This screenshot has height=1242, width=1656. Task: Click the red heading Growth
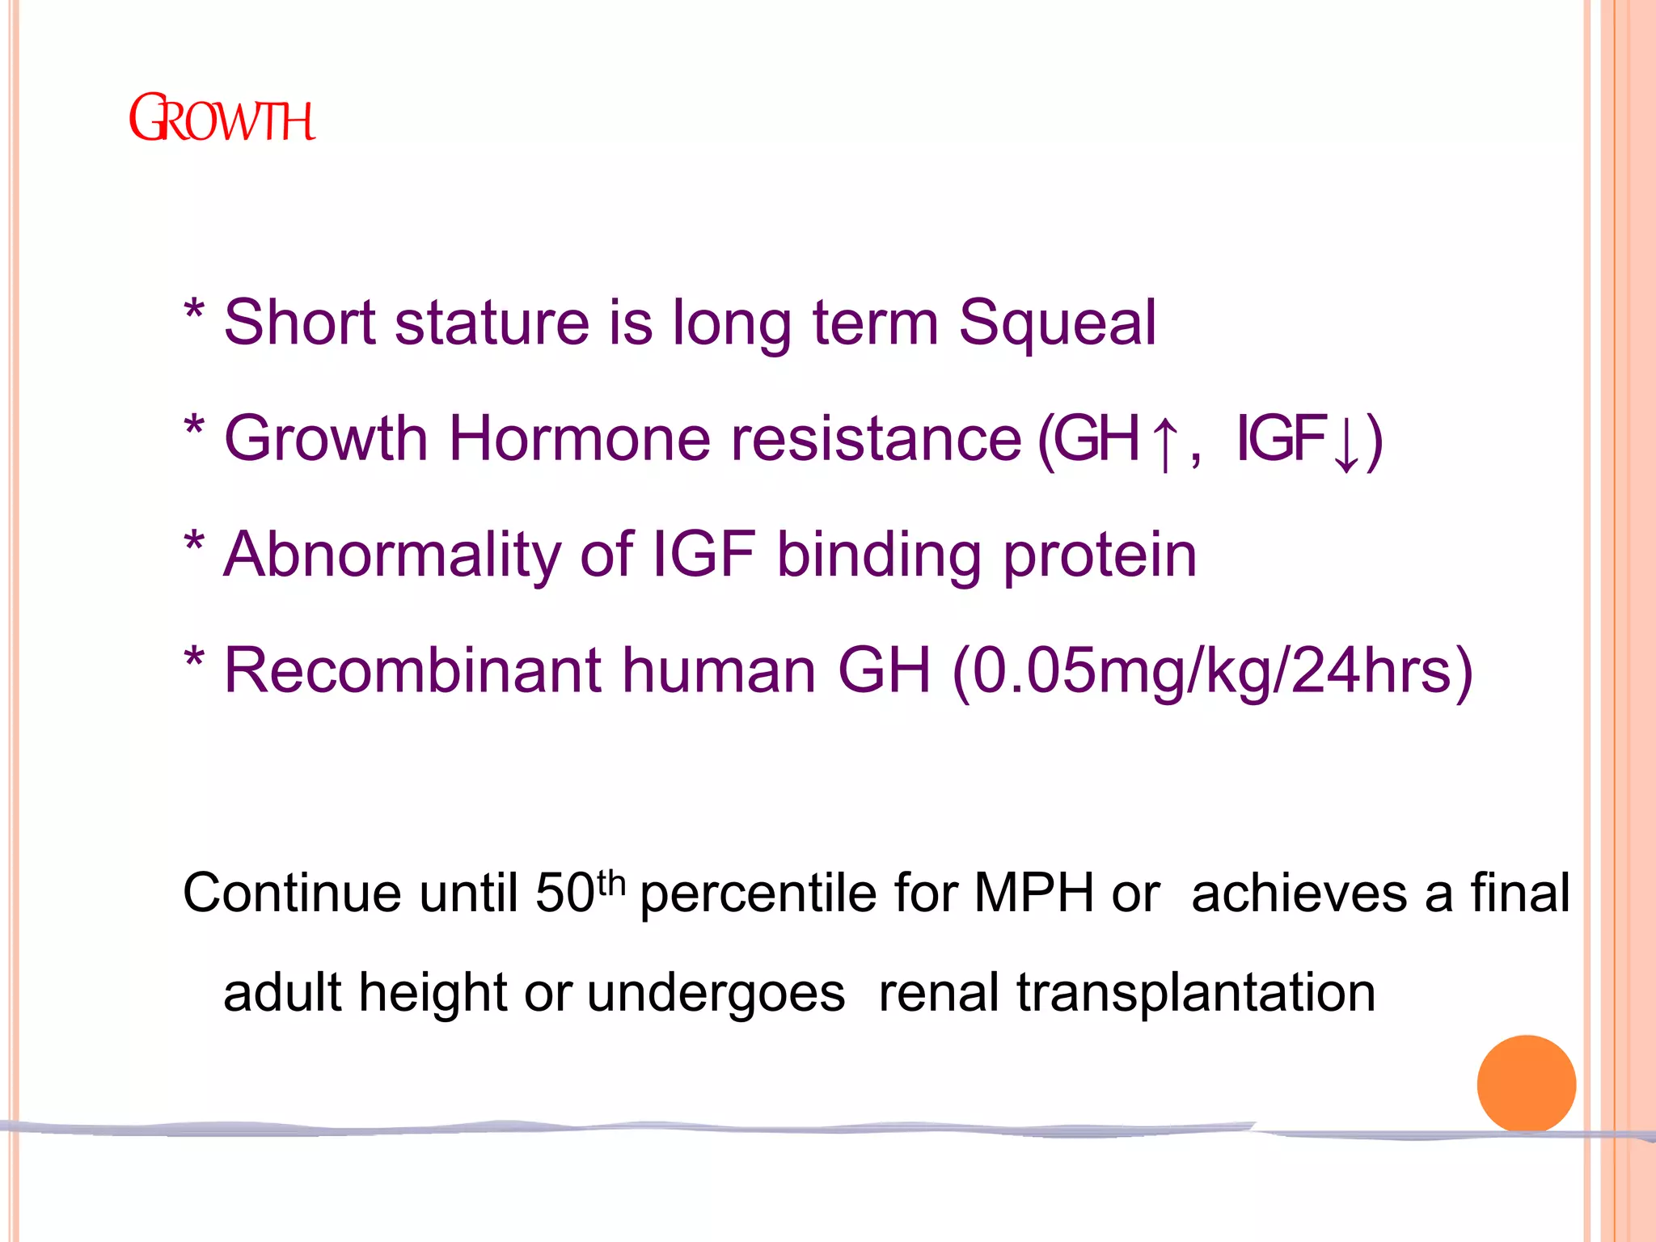coord(222,119)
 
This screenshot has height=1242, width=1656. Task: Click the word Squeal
coord(1058,323)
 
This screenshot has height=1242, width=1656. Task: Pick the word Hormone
coord(580,439)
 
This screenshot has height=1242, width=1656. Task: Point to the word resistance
coord(877,439)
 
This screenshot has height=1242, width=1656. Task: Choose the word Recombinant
coord(413,671)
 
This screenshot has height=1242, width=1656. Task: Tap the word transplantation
coord(1196,993)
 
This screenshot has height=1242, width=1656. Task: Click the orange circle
coord(1526,1084)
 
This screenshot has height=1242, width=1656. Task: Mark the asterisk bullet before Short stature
coord(194,310)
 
